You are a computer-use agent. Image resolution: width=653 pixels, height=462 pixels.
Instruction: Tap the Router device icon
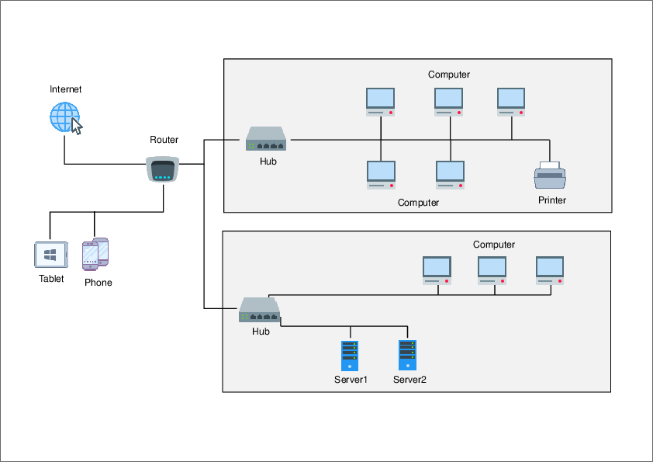point(163,169)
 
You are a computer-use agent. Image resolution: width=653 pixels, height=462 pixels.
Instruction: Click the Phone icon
point(95,252)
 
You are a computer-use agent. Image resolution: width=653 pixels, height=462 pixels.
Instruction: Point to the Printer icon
point(550,177)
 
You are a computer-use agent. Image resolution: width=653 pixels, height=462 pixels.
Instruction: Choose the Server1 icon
point(350,355)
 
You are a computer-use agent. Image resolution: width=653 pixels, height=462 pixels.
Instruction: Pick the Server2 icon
point(407,355)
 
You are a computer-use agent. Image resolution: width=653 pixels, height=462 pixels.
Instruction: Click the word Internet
point(66,89)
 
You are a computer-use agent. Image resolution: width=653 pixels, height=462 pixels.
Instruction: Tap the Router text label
point(164,140)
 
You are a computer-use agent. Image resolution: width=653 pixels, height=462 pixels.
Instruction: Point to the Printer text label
point(552,200)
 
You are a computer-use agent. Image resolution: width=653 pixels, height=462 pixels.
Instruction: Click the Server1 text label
point(351,380)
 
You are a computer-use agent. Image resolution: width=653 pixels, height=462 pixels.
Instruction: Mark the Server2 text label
point(409,380)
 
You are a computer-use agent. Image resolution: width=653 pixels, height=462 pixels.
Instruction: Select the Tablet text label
point(51,279)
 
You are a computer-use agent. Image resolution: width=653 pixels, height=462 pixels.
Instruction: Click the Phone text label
point(98,283)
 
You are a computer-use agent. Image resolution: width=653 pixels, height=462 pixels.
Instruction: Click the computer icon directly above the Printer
point(511,102)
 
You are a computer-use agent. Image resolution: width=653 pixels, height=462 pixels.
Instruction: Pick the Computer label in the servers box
point(494,245)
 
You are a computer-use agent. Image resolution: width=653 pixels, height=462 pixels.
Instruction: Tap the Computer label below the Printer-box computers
point(418,203)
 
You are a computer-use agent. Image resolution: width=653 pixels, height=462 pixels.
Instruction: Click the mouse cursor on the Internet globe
point(77,127)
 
